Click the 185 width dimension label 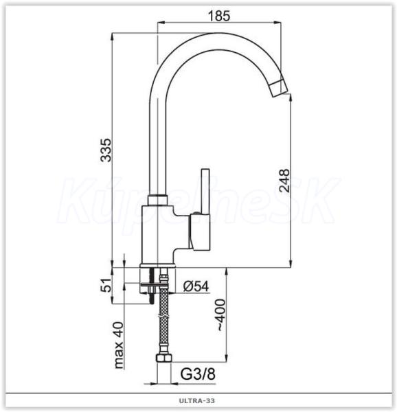[219, 16]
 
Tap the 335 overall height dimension [106, 150]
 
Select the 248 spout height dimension [284, 181]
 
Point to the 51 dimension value [106, 285]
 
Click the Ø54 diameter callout [196, 286]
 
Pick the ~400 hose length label [221, 315]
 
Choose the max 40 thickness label [119, 345]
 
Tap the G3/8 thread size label [198, 374]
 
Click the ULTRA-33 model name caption [197, 401]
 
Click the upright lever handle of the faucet [205, 192]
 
